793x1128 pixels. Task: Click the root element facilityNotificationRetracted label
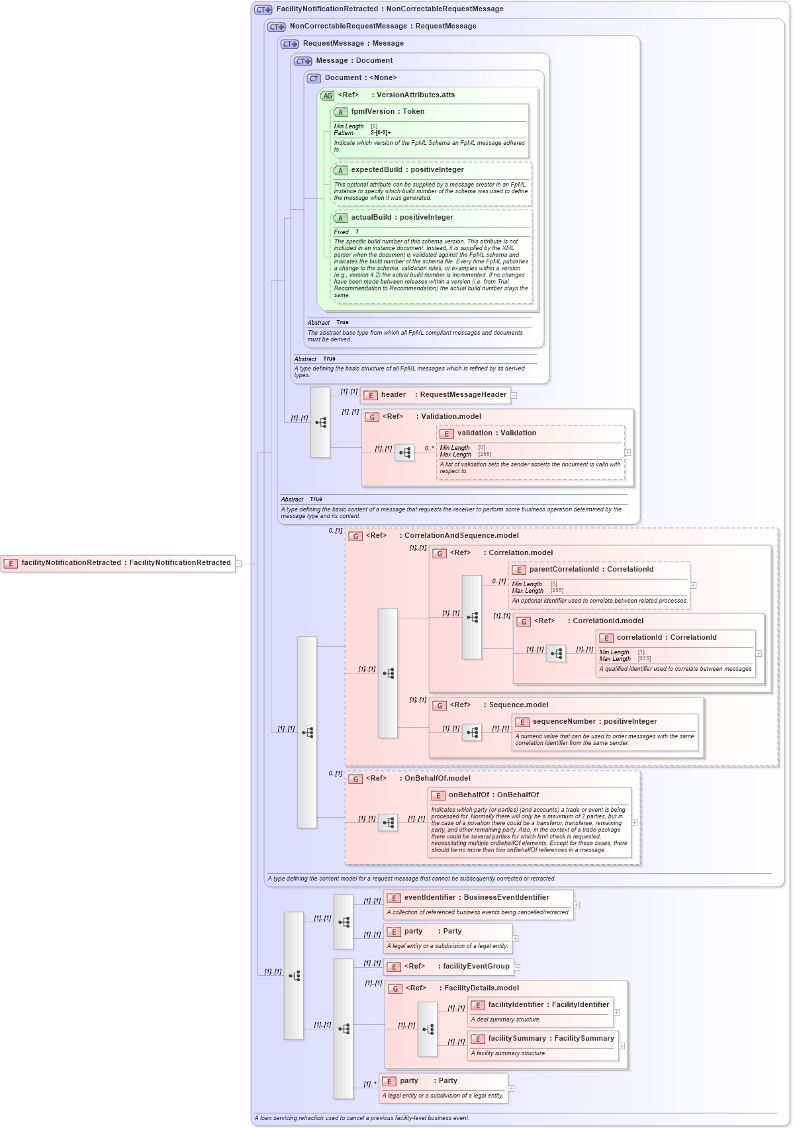tap(126, 563)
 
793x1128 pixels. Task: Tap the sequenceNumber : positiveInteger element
tap(594, 722)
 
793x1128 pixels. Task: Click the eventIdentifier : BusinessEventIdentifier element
tap(476, 898)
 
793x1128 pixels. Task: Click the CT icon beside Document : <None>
tap(314, 79)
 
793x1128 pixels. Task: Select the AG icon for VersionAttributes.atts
tap(327, 96)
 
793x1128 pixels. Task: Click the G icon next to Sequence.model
tap(439, 706)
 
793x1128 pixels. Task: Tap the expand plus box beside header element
tap(514, 396)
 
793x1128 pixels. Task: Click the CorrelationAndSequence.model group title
tap(461, 536)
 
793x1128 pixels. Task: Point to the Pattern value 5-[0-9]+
tap(381, 133)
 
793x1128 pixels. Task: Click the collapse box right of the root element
tap(238, 564)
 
